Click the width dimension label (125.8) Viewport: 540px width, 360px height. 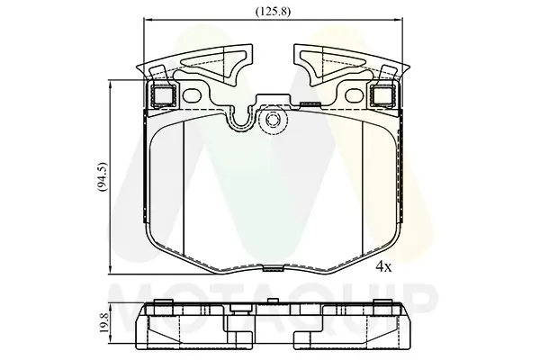(273, 12)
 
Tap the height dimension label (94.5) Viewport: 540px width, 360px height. (103, 175)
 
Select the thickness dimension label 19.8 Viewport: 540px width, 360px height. (104, 322)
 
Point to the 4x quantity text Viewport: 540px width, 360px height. (383, 266)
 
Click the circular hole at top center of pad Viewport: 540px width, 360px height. (273, 120)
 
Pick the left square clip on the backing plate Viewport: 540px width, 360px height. (163, 95)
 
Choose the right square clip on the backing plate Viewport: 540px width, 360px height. (382, 95)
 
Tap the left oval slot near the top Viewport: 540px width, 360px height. (192, 95)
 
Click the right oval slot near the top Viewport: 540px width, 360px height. (354, 95)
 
